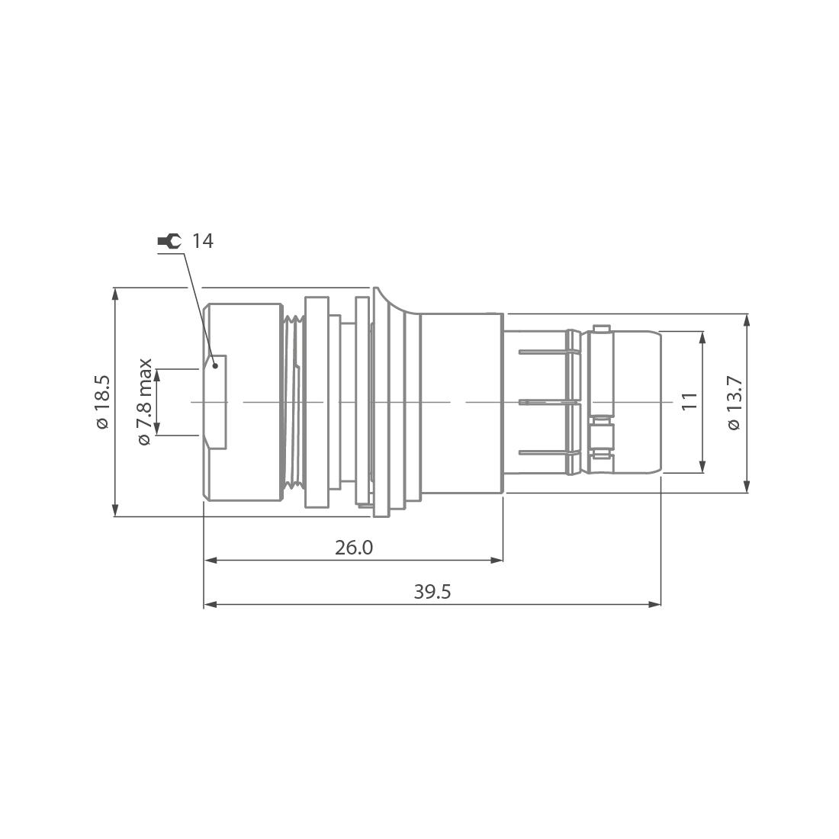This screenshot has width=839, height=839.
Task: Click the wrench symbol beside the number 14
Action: point(169,242)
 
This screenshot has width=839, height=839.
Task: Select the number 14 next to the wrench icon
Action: point(203,242)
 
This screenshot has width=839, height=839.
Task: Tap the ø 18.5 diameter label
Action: point(103,402)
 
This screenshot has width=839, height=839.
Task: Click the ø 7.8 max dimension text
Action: point(145,402)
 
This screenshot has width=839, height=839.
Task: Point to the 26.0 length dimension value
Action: point(354,548)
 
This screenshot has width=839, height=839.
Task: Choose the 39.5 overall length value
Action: point(432,593)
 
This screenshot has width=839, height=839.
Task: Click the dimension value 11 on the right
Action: point(689,402)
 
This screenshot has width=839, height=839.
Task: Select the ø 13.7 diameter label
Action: point(734,402)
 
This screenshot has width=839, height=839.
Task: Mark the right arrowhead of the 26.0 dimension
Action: point(497,561)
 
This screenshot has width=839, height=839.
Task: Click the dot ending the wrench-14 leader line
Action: point(216,365)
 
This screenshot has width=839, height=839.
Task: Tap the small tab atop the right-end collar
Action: point(601,329)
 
